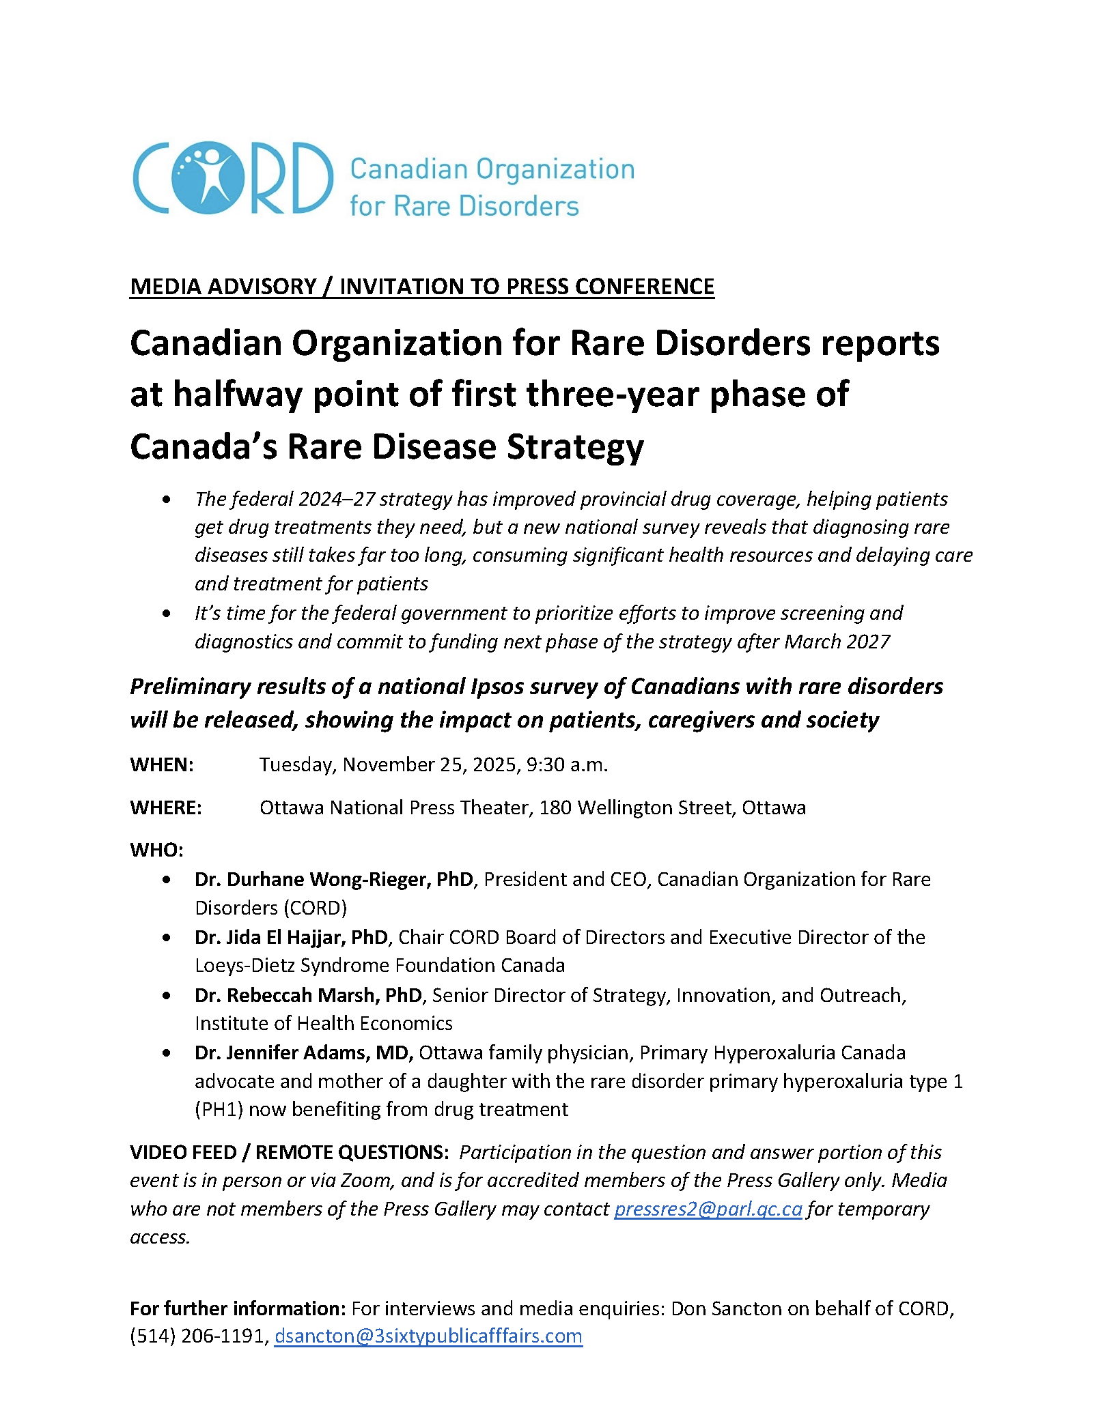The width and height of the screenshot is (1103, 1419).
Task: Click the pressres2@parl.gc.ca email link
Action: (x=708, y=1209)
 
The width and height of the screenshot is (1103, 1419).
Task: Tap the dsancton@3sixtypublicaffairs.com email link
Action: (x=428, y=1336)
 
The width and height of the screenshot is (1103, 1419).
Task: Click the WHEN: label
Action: (x=162, y=764)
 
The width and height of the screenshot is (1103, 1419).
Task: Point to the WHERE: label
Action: (x=166, y=807)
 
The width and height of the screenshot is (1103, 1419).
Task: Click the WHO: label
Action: (x=156, y=850)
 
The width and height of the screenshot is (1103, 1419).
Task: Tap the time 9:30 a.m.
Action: (x=567, y=764)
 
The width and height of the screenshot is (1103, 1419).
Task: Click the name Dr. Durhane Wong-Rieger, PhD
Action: (x=333, y=879)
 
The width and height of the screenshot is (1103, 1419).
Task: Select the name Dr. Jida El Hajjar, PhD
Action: (x=291, y=937)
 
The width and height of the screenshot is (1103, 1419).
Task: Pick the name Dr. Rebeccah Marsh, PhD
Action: (x=308, y=995)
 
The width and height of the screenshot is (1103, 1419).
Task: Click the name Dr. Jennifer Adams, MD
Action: (x=303, y=1052)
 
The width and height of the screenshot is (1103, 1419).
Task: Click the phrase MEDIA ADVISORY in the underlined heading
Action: (x=223, y=287)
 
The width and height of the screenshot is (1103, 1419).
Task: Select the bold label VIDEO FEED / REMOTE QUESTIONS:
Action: (x=290, y=1152)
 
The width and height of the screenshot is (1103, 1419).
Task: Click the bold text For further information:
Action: (x=238, y=1308)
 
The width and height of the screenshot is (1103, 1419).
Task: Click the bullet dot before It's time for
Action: (x=167, y=614)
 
